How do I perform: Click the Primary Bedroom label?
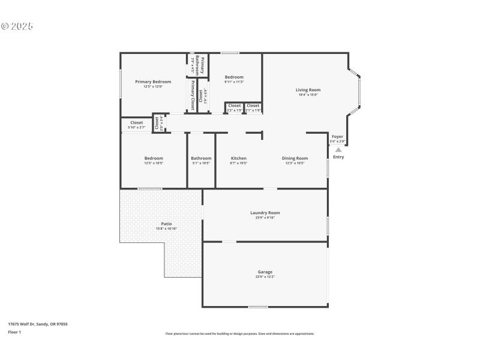153,82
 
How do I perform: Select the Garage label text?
265,272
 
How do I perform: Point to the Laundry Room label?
265,212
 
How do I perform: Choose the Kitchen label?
239,158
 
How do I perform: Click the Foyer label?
338,136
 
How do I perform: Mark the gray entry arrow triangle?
338,150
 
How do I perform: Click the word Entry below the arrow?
338,157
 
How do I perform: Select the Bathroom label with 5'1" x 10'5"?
201,158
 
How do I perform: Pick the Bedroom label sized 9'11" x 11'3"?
234,77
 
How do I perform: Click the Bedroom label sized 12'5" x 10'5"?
154,158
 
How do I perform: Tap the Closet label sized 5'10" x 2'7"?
137,122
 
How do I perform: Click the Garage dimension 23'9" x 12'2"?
265,277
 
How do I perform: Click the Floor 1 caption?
14,332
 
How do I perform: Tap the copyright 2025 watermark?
17,26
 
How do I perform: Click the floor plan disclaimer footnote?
239,334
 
